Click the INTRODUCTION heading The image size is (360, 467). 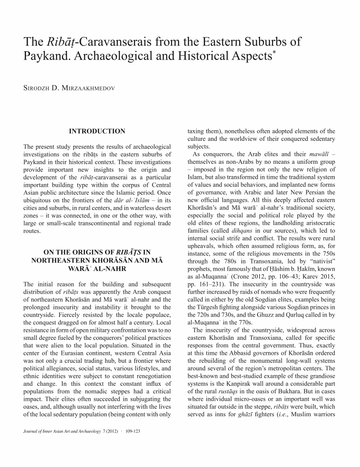[x=97, y=131]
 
